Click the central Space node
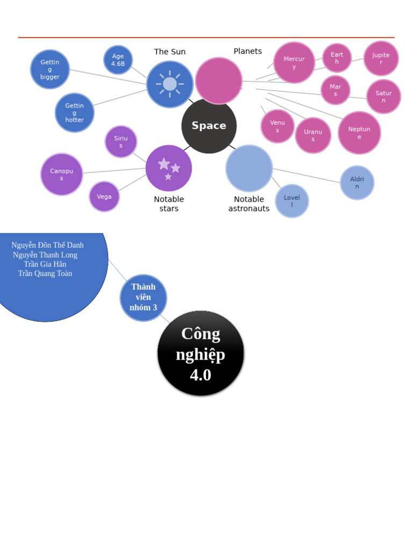pyautogui.click(x=209, y=126)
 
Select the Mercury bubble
pyautogui.click(x=294, y=62)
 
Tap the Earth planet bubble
pyautogui.click(x=337, y=58)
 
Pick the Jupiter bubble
pyautogui.click(x=381, y=59)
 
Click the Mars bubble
pyautogui.click(x=336, y=90)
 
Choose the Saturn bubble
pyautogui.click(x=383, y=97)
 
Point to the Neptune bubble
pyautogui.click(x=359, y=133)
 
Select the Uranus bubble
pyautogui.click(x=313, y=136)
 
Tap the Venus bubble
pyautogui.click(x=277, y=126)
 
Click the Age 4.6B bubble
pyautogui.click(x=118, y=60)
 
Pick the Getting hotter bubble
pyautogui.click(x=74, y=112)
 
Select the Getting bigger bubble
pyautogui.click(x=50, y=69)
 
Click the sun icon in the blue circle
pyautogui.click(x=170, y=84)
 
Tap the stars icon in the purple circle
pyautogui.click(x=169, y=168)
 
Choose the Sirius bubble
pyautogui.click(x=121, y=142)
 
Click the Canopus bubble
pyautogui.click(x=62, y=174)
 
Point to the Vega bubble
pyautogui.click(x=104, y=196)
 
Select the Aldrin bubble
pyautogui.click(x=357, y=183)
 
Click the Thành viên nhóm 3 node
pyautogui.click(x=143, y=298)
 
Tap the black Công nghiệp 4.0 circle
pyautogui.click(x=201, y=354)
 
